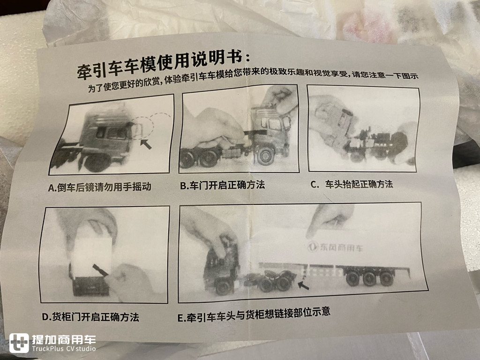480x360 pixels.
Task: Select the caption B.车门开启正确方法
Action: click(x=223, y=185)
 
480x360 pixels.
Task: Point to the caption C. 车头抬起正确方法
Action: click(x=352, y=184)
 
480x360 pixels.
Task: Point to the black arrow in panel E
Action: click(x=303, y=284)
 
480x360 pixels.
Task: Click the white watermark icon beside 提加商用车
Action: click(x=19, y=343)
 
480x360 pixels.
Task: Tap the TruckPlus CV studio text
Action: click(x=64, y=349)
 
